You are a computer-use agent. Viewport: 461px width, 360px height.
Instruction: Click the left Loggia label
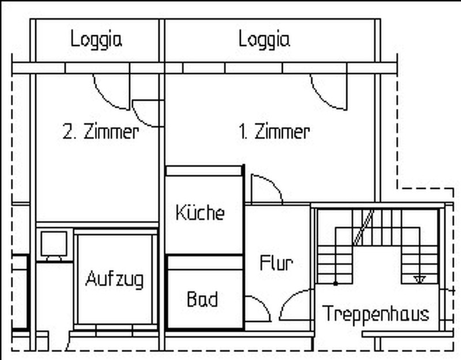click(x=96, y=39)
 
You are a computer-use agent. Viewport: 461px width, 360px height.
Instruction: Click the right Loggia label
click(x=264, y=39)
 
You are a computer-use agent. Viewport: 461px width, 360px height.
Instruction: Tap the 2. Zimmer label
click(x=101, y=131)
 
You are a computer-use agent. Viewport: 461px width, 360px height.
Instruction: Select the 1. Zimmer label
click(x=274, y=131)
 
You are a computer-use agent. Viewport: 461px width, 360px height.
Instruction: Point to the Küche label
click(x=200, y=212)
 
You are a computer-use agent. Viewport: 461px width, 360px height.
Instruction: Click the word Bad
click(x=202, y=299)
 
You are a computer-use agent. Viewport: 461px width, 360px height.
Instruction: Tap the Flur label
click(x=277, y=263)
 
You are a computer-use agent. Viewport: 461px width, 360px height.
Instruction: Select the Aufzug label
click(x=115, y=279)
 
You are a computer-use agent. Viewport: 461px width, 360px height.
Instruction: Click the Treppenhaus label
click(x=376, y=314)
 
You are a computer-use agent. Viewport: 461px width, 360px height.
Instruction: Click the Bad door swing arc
click(x=264, y=306)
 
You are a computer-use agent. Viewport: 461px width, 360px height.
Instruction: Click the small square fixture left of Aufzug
click(x=54, y=244)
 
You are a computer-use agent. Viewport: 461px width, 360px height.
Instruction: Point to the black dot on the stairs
click(x=335, y=283)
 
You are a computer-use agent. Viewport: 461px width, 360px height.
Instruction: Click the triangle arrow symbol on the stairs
click(x=420, y=279)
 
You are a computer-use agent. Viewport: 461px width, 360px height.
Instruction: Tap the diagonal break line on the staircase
click(x=364, y=227)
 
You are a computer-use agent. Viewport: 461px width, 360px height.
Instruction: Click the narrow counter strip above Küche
click(x=204, y=170)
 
